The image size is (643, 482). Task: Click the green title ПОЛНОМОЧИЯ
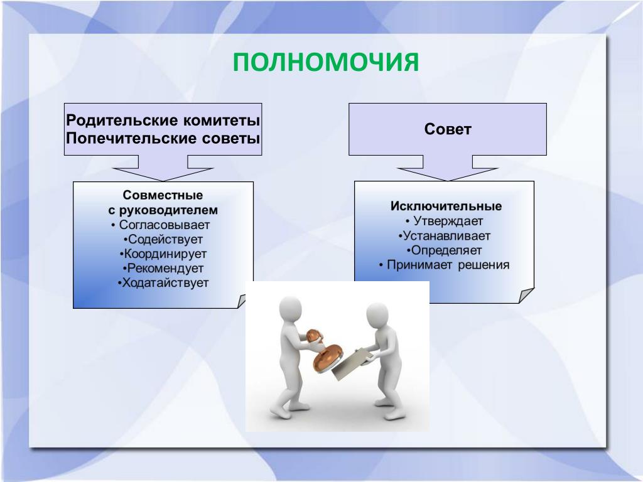(x=326, y=62)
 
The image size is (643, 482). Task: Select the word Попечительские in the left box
(x=131, y=138)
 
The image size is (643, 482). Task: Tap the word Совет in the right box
(x=448, y=129)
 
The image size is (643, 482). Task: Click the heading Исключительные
(x=446, y=206)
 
